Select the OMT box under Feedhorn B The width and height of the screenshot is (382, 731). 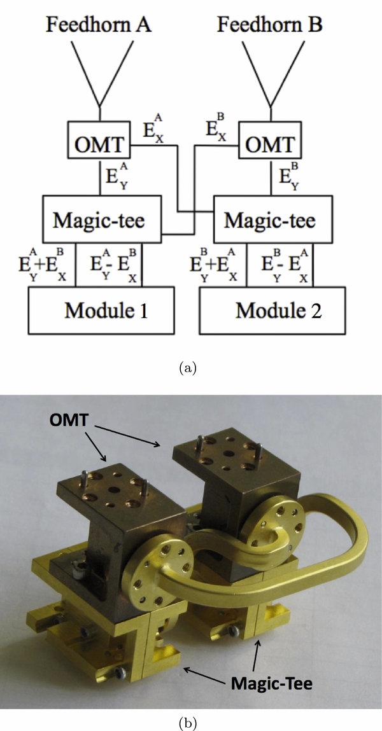(269, 146)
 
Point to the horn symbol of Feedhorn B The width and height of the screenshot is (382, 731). (270, 73)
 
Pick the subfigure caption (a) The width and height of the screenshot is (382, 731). (190, 368)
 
